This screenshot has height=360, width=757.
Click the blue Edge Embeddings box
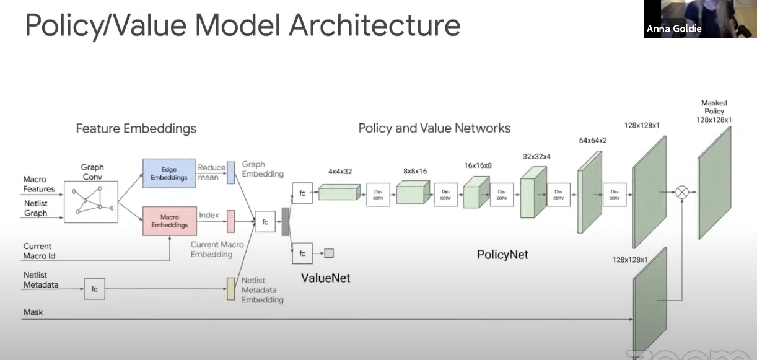coord(169,173)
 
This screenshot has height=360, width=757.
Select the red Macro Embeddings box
coord(169,221)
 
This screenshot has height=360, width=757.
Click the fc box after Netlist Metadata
coord(94,289)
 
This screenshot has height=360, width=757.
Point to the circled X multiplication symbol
coord(681,193)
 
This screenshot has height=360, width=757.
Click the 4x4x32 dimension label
coord(339,171)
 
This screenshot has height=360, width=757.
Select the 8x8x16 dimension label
coord(416,170)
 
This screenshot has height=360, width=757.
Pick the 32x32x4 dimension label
coord(536,156)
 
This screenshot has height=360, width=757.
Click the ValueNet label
coord(325,278)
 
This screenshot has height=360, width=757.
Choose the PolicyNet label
coord(502,254)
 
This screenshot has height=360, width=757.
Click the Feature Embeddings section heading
coord(136,129)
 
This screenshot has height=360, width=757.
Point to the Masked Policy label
coord(714,112)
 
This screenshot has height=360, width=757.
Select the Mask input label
coord(33,312)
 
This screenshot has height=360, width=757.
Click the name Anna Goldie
coord(673,29)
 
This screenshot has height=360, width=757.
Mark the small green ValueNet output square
coord(329,253)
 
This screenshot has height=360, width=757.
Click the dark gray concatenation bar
coord(286,221)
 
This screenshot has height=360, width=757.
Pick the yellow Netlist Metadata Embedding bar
coord(230,288)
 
